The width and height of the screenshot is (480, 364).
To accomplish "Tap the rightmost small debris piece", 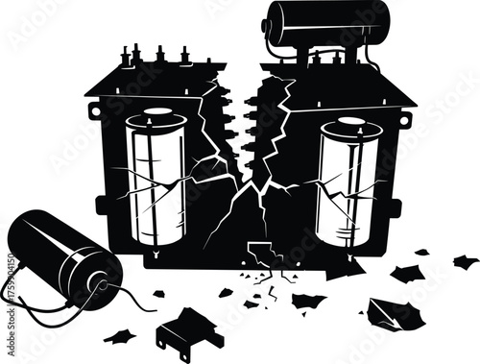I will (466, 261).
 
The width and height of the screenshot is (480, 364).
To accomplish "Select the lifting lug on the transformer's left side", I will (93, 109).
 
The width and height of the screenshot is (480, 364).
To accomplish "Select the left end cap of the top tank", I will (274, 21).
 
